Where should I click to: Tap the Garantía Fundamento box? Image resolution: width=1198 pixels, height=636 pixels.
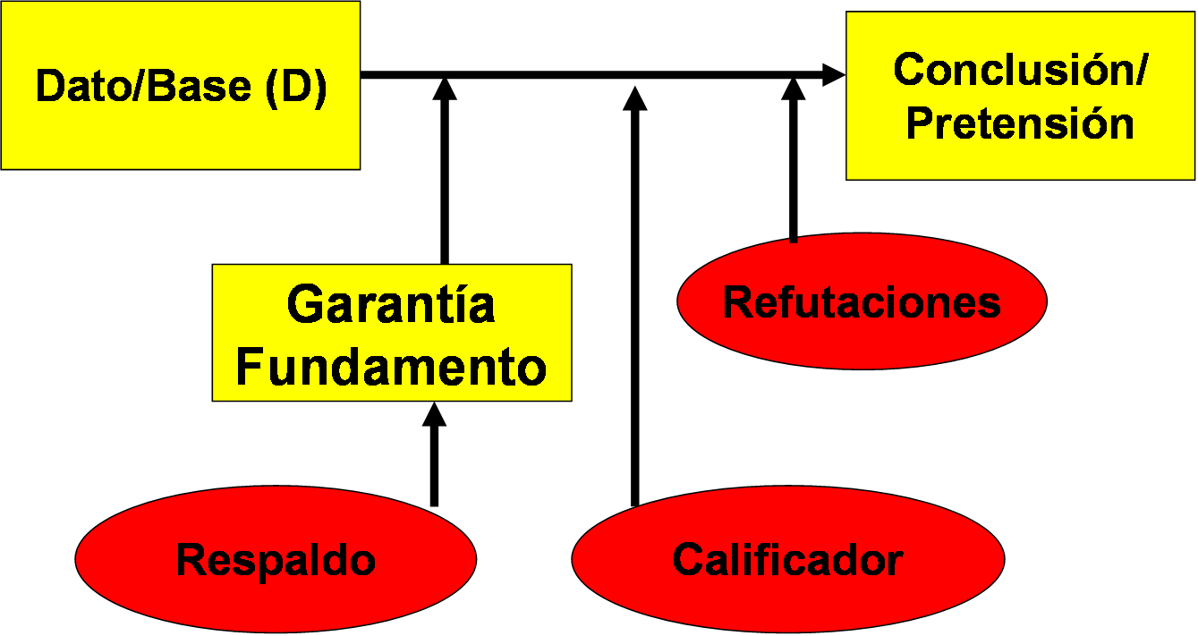coord(391,333)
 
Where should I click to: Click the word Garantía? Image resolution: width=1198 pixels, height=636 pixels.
coord(391,305)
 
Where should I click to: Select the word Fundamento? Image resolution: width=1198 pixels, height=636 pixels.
coord(391,366)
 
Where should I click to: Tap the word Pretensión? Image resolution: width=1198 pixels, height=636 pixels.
coord(1020,123)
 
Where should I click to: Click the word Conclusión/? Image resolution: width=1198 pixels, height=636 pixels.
coord(1020,69)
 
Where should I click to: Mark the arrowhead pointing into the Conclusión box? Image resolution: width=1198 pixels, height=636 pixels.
coord(833,75)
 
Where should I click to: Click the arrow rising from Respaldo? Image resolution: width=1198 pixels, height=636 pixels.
coord(435,465)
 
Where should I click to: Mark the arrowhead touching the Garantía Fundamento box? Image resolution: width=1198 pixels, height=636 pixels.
coord(435,415)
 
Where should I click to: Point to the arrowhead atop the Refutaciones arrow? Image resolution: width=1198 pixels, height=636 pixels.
coord(793,90)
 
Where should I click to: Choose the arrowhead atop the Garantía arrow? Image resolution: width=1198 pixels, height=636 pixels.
coord(445,90)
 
